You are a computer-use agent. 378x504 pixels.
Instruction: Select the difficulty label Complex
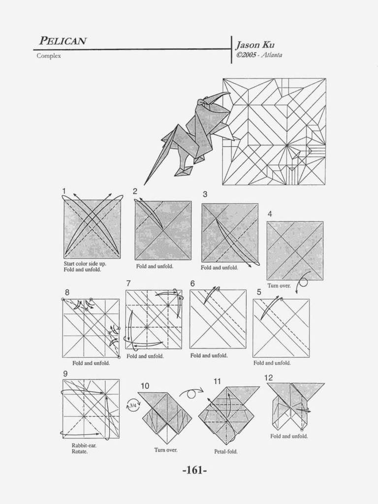click(49, 56)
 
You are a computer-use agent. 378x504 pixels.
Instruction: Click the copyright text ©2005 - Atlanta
click(259, 55)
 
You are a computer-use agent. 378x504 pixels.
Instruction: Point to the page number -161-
click(194, 471)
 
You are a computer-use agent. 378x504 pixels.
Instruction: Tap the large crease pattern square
click(274, 131)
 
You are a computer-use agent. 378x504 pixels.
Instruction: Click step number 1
click(64, 191)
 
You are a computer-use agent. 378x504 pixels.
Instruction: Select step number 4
click(270, 214)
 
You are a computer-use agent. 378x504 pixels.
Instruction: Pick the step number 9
click(65, 374)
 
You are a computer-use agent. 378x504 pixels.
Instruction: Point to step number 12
click(268, 378)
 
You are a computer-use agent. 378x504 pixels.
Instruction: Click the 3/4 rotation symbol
click(132, 406)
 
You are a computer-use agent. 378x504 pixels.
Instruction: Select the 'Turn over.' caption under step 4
click(279, 285)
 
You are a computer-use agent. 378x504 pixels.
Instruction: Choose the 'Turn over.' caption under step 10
click(166, 450)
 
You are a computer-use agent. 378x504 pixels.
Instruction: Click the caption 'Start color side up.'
click(85, 264)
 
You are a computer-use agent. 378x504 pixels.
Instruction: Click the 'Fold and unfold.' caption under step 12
click(289, 436)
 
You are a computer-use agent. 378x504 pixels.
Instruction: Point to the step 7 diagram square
click(154, 319)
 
